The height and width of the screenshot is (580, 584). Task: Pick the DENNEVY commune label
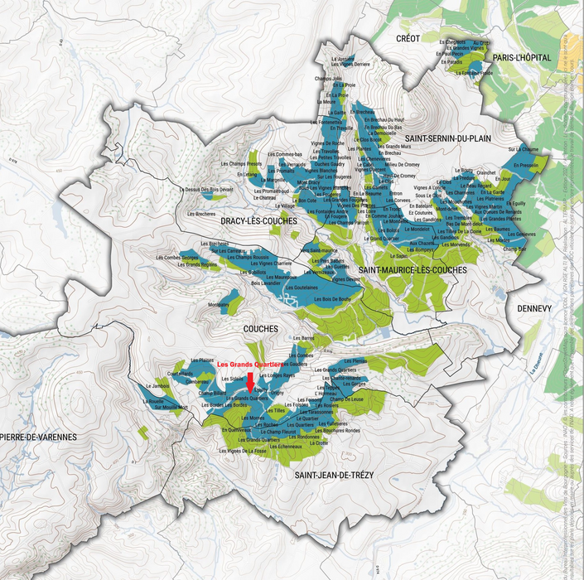coord(533,307)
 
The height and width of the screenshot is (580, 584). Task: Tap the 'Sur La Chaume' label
coord(523,150)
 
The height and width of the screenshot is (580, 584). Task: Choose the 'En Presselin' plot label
coord(525,166)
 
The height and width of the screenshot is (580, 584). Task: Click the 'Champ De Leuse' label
coord(346,400)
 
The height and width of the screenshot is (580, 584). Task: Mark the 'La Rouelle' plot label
coord(155,401)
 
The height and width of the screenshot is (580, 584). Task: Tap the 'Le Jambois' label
coord(157,386)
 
